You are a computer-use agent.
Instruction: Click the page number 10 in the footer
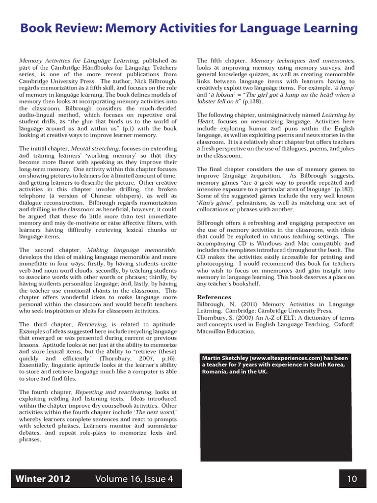pos(352,479)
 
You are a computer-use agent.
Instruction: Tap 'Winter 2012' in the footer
pos(43,479)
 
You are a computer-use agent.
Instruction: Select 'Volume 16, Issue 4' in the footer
pos(134,479)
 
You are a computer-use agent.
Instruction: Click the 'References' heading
pos(214,297)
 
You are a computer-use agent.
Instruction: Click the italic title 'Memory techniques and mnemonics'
pos(302,61)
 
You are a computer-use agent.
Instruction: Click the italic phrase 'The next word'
pos(155,413)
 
